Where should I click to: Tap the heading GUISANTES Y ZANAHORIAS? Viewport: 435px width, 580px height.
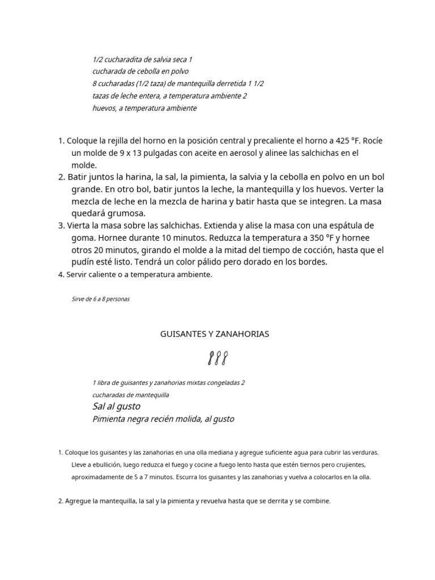tap(215, 334)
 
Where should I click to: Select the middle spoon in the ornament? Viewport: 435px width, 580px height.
tap(217, 358)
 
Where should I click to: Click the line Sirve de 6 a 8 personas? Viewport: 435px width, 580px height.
tap(101, 299)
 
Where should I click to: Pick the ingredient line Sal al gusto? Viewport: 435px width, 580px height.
tap(116, 406)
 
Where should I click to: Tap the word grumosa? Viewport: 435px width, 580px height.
tap(127, 214)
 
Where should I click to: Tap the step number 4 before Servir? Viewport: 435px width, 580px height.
tap(61, 275)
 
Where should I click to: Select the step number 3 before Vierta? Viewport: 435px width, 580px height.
tap(61, 226)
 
